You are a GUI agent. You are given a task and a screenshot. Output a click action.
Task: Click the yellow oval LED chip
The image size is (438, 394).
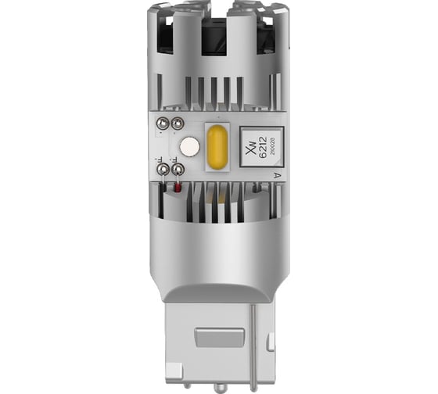216,145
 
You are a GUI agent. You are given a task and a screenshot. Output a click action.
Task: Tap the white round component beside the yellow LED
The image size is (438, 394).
188,146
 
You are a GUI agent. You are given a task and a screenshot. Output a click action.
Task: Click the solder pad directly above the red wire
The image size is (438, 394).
178,168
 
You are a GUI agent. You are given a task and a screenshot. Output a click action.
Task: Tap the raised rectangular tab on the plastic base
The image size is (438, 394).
219,337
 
